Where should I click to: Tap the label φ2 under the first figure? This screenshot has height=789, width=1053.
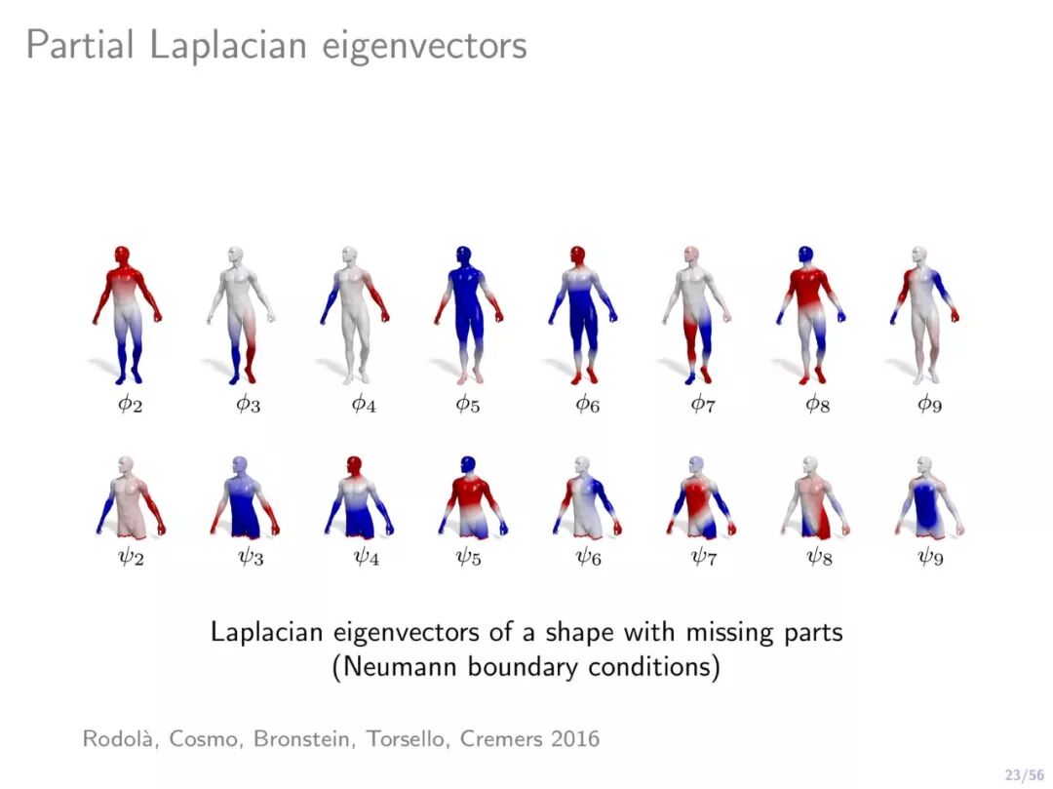130,403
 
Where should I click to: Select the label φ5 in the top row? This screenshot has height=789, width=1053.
468,403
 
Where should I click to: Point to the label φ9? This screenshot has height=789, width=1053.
929,403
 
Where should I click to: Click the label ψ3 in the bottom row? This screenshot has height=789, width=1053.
251,559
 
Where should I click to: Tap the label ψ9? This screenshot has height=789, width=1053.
930,559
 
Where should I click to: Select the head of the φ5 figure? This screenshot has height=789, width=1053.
465,256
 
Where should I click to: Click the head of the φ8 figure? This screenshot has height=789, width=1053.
806,256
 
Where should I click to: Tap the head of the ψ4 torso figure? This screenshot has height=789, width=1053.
353,464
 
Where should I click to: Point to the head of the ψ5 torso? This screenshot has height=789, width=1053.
468,464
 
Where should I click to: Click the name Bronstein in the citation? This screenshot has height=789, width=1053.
305,739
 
